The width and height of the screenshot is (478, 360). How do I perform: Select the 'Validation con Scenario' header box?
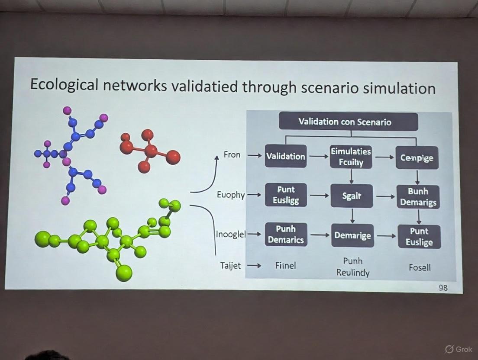click(x=348, y=122)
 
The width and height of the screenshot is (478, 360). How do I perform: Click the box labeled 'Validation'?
click(x=285, y=156)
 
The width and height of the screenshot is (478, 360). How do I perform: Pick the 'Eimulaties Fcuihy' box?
click(x=351, y=157)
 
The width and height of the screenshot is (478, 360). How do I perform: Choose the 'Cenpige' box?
click(x=417, y=158)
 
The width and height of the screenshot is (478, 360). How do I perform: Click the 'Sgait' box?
click(x=352, y=196)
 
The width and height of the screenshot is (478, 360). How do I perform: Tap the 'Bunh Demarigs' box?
click(x=418, y=197)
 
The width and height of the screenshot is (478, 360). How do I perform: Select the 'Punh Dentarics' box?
click(x=285, y=234)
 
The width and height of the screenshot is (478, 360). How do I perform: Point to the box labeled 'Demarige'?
click(x=352, y=236)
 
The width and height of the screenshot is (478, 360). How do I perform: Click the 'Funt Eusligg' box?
click(x=286, y=195)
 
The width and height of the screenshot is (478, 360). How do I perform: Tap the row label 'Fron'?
click(x=232, y=154)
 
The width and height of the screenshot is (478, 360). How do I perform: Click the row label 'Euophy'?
click(x=231, y=195)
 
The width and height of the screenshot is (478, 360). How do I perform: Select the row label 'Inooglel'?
click(x=231, y=234)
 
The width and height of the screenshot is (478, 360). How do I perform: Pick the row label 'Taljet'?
click(x=230, y=266)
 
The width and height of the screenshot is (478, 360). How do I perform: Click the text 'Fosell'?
click(x=420, y=267)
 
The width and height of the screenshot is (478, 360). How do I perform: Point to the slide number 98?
click(x=443, y=287)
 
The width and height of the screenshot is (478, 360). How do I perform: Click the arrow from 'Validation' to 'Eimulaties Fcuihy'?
click(x=319, y=157)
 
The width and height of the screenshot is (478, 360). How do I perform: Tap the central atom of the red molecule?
click(x=151, y=151)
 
